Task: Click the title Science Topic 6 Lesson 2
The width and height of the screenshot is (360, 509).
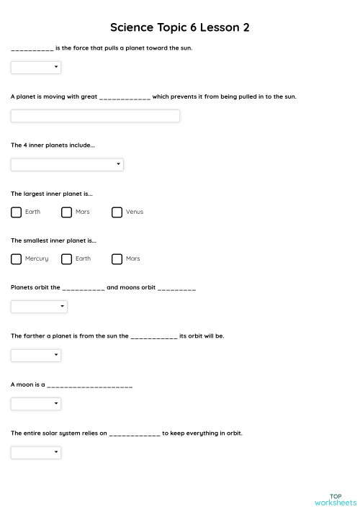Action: [x=179, y=27]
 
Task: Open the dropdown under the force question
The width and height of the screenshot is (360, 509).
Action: [x=36, y=68]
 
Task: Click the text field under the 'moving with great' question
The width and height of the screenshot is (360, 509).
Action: [x=95, y=116]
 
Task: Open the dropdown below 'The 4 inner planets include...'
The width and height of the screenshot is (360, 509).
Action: [x=67, y=165]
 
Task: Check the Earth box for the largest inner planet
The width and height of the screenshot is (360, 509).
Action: [x=17, y=212]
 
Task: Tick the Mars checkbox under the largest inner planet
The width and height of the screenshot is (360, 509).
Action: [x=67, y=212]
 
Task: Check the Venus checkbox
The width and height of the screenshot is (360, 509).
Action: [x=117, y=212]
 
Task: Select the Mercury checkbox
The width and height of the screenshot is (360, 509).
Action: [x=17, y=259]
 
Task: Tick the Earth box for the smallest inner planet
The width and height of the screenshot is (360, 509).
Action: [x=67, y=259]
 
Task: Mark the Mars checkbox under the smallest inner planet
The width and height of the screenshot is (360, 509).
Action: [x=117, y=259]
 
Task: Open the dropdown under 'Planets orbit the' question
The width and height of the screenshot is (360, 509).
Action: [x=39, y=307]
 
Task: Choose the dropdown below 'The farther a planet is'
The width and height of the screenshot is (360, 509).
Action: [x=36, y=355]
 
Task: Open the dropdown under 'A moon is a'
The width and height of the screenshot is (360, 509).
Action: [x=36, y=404]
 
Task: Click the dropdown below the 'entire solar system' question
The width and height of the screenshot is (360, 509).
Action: [x=36, y=452]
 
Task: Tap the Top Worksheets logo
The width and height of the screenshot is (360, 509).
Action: [x=335, y=499]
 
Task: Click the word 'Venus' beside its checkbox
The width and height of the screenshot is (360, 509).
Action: [x=135, y=212]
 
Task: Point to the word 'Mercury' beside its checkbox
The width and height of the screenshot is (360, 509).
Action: [x=37, y=259]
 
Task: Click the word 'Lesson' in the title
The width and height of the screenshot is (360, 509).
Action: [x=217, y=27]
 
